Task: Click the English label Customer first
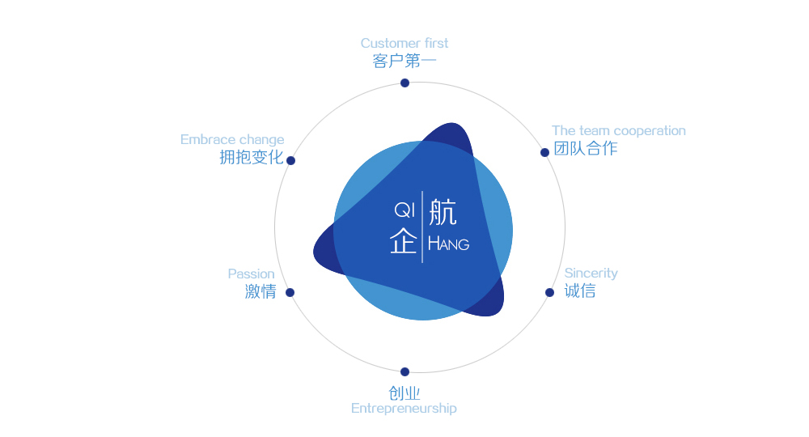tap(404, 43)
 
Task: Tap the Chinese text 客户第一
tap(404, 62)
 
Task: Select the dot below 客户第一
tap(404, 83)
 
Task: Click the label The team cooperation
tap(618, 130)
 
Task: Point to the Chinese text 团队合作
tap(585, 149)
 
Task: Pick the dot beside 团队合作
tap(544, 152)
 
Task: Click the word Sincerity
tap(591, 273)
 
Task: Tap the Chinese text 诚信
tap(580, 291)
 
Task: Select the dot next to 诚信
tap(549, 292)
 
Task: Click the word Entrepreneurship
tap(404, 408)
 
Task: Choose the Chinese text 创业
tap(404, 394)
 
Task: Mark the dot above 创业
tap(404, 371)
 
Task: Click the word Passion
tap(251, 274)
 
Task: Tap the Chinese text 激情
tap(260, 292)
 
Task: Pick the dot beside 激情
tap(290, 292)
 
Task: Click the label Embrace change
tap(232, 139)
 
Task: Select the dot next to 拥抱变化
tap(290, 160)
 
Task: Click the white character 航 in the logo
tap(443, 212)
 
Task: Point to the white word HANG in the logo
tap(448, 243)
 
